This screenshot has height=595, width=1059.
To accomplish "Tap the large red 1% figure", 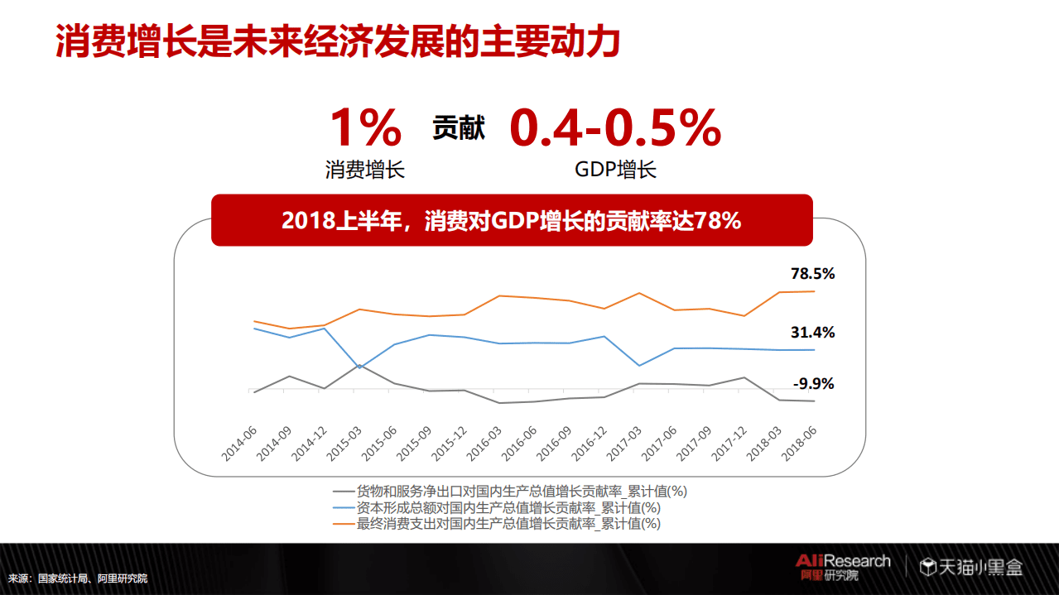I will coord(365,128).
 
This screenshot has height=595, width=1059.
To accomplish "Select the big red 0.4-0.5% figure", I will coord(614,128).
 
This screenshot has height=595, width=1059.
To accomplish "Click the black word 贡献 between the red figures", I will coord(458,128).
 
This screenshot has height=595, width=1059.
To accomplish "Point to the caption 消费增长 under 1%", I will coord(365,170).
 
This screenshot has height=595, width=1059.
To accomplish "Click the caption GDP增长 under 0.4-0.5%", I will coord(615,170).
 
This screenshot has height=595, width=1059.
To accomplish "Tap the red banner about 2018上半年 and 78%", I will coord(511,221).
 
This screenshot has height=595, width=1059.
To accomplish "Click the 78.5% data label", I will coord(812,274).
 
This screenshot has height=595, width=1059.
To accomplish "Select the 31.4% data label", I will coord(812,333).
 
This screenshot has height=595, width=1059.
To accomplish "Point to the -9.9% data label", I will coord(813,384).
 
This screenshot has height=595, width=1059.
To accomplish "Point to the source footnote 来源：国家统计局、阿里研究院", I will coord(78,578).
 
